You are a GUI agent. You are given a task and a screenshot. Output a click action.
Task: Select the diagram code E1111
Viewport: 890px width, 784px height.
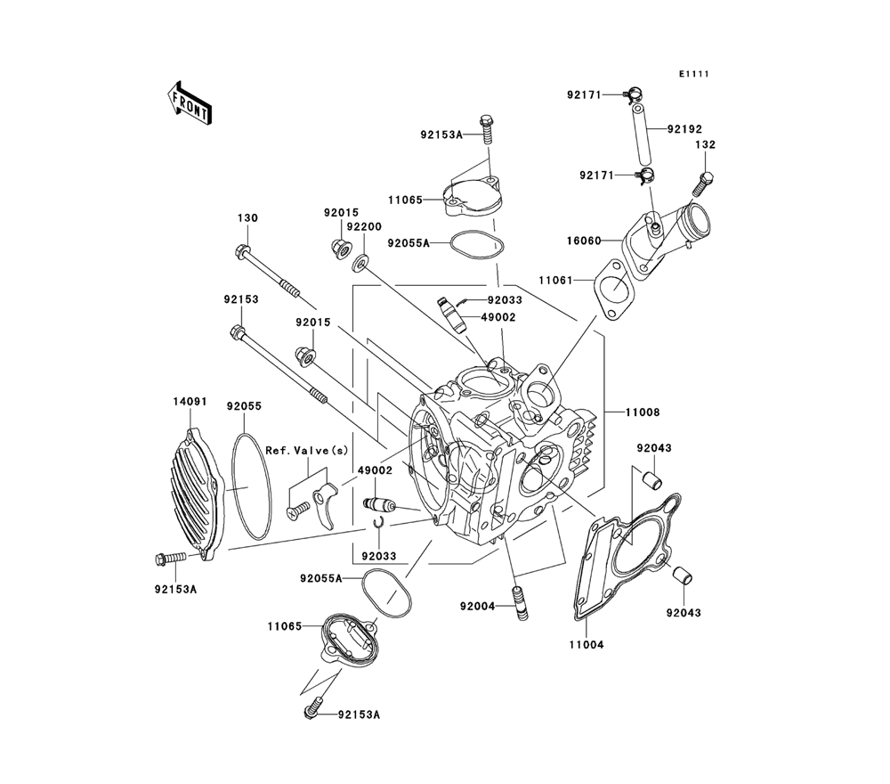point(693,75)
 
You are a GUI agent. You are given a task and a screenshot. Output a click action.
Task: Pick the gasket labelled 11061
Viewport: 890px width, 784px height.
point(616,290)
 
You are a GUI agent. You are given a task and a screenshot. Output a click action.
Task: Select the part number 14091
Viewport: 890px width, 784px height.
point(190,402)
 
